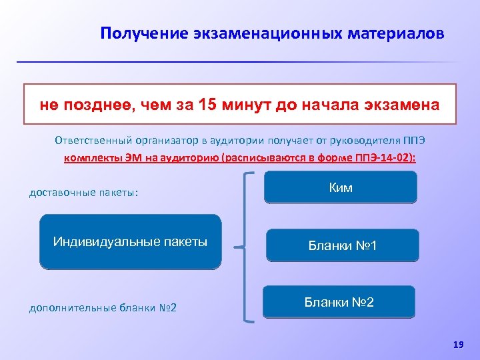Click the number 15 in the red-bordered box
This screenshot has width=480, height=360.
coord(209,105)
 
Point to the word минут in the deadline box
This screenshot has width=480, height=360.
coord(248,105)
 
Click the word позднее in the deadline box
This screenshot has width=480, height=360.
coord(95,105)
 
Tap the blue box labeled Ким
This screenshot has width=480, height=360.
coord(340,187)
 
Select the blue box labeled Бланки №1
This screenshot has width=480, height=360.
coord(343,245)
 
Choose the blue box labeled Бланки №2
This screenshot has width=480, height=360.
coord(339,302)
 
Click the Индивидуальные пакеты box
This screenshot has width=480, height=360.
coord(130,241)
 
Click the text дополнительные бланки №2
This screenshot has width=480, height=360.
coord(102,307)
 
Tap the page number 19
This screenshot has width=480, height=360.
coord(457,344)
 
